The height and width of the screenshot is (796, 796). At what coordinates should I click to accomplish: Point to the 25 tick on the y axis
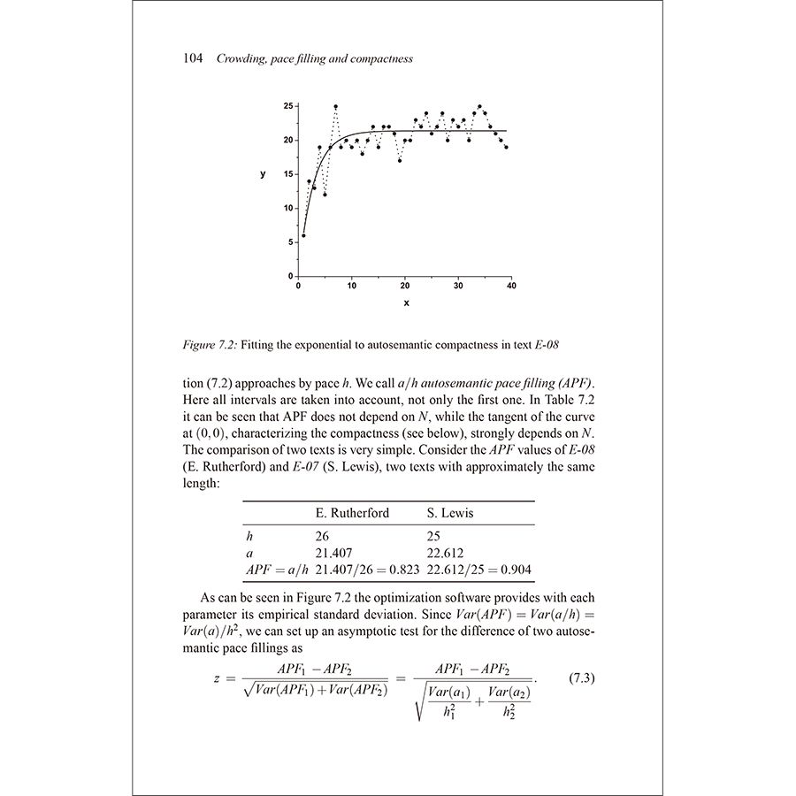tap(289, 106)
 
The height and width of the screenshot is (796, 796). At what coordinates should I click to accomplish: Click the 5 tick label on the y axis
tap(289, 242)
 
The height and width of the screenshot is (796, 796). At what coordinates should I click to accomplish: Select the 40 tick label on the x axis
tap(511, 286)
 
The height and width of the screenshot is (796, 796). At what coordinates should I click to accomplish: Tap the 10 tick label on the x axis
tap(351, 286)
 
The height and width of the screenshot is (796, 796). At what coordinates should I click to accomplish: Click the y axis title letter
tap(263, 174)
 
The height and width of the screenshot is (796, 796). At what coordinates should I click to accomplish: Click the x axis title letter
tap(407, 303)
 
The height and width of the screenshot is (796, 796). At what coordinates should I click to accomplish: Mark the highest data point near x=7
tap(335, 106)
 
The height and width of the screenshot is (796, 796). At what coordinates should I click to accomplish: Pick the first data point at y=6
tap(303, 235)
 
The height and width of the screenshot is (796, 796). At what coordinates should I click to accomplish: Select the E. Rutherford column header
tap(352, 513)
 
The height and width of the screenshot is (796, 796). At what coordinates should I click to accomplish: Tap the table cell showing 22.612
tap(447, 553)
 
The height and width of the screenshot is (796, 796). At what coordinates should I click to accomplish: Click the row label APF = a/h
tap(276, 570)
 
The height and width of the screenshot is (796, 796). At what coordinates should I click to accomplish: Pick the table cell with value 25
tap(434, 536)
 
